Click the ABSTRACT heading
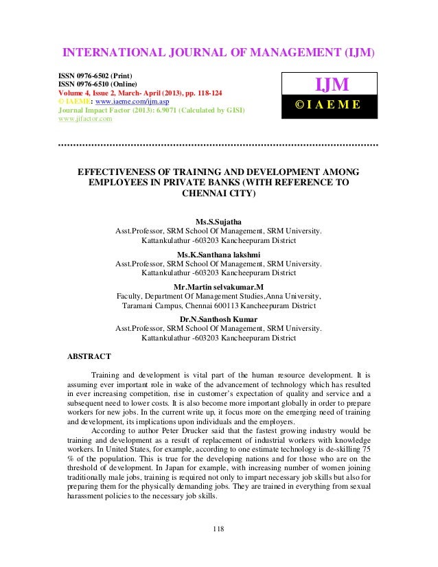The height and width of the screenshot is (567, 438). (90, 356)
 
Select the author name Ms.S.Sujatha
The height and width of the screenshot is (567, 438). (219, 221)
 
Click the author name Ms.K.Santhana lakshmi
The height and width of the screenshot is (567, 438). (219, 253)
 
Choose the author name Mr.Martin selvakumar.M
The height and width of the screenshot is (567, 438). (218, 286)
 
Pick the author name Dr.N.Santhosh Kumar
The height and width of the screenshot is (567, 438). (218, 319)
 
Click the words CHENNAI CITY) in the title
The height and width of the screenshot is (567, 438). (218, 194)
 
